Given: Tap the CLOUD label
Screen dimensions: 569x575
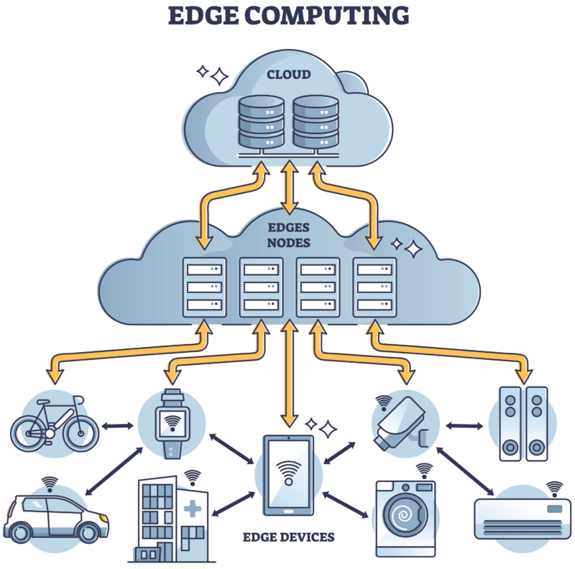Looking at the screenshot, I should (288, 74).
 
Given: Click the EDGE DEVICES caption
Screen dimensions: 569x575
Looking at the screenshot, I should (289, 537).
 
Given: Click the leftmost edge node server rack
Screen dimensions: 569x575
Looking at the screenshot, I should (204, 285).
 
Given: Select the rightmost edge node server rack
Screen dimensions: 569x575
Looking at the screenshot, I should (375, 285).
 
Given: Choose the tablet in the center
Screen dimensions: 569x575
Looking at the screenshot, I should (288, 474).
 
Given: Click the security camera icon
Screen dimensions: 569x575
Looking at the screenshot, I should (403, 424).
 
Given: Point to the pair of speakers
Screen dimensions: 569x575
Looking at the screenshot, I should (522, 423).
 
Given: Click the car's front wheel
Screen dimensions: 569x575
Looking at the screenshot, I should (88, 532).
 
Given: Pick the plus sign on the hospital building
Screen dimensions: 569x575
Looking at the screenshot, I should (192, 510).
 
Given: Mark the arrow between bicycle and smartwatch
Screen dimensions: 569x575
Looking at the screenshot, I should (118, 426).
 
